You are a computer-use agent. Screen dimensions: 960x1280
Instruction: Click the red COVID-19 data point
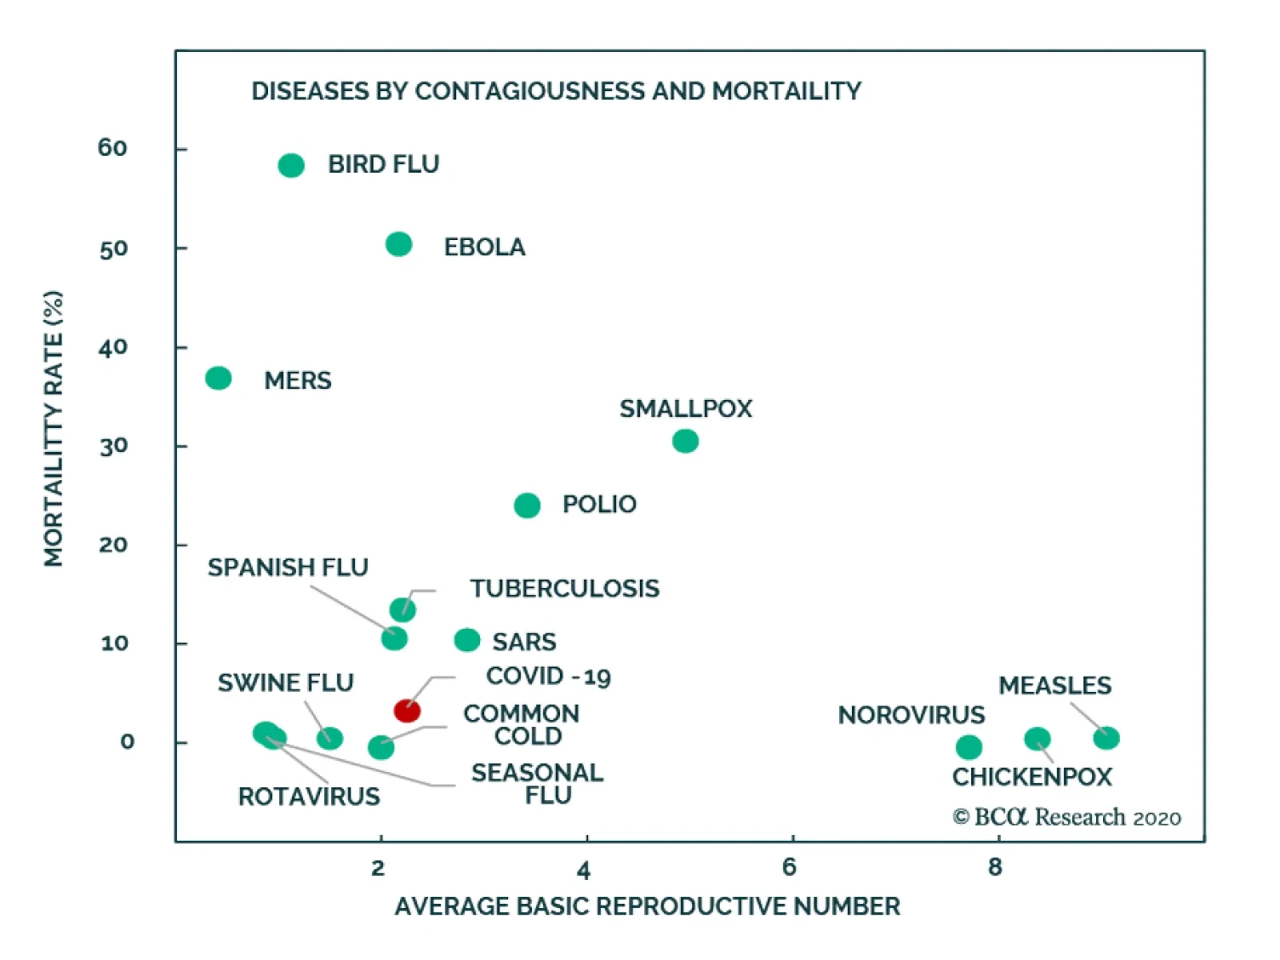tap(407, 710)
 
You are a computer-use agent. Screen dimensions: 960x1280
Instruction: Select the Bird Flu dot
tap(291, 166)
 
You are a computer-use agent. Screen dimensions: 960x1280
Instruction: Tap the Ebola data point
tap(398, 244)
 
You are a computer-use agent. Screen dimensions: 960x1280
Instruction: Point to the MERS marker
tap(218, 378)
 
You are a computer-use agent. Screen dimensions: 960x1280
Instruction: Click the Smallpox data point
tap(686, 441)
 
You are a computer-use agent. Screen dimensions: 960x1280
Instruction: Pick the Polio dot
tap(527, 506)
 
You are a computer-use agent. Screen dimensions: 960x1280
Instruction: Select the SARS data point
tap(467, 640)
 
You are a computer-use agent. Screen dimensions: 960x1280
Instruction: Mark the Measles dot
tap(1106, 738)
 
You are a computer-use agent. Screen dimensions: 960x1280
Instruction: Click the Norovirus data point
tap(969, 747)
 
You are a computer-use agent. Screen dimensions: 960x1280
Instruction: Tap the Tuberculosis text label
tap(565, 589)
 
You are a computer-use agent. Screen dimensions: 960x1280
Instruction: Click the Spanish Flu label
tap(288, 567)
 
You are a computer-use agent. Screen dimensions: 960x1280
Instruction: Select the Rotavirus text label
tap(309, 797)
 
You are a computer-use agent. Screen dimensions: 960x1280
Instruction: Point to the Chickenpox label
tap(1032, 777)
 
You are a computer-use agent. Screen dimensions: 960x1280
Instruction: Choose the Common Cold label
tap(522, 725)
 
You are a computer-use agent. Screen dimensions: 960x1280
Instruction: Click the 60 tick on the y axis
tap(113, 148)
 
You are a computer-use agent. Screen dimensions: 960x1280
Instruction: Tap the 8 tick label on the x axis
tap(994, 867)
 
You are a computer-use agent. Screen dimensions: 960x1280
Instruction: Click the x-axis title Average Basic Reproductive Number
tap(647, 906)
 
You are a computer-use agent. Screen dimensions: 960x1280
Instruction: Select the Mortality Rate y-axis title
tap(54, 429)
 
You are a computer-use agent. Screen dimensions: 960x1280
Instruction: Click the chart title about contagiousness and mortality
tap(556, 91)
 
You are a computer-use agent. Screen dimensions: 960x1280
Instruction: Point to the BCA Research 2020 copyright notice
tap(1066, 817)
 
